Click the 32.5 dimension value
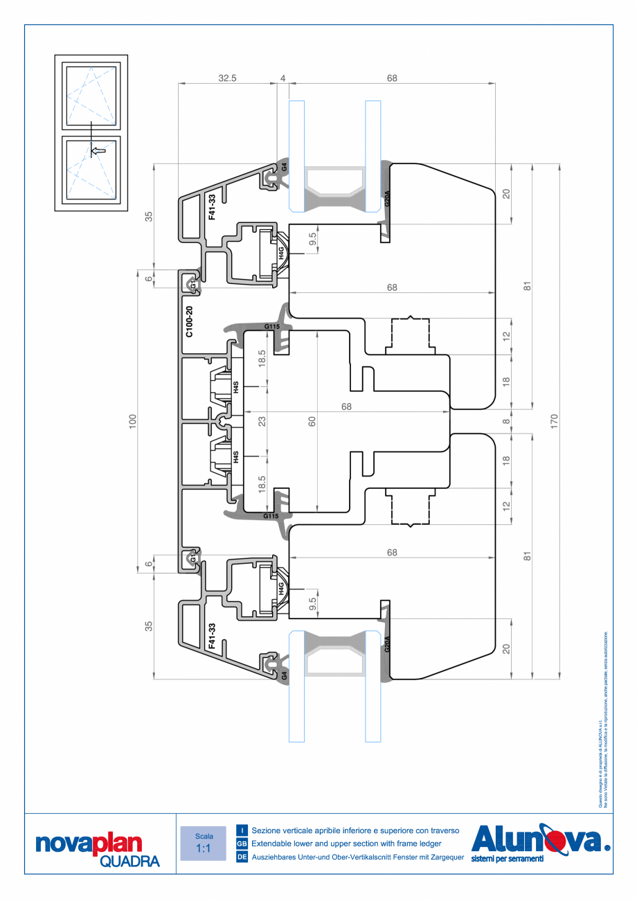pyautogui.click(x=227, y=78)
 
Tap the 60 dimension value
pyautogui.click(x=312, y=421)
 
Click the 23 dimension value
pyautogui.click(x=262, y=420)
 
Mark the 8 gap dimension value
pyautogui.click(x=506, y=421)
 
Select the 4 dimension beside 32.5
pyautogui.click(x=282, y=78)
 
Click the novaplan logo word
pyautogui.click(x=88, y=844)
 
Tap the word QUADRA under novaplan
pyautogui.click(x=130, y=861)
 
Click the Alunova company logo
pyautogui.click(x=540, y=839)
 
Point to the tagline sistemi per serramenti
pyautogui.click(x=507, y=859)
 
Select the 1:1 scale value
pyautogui.click(x=204, y=848)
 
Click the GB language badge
pyautogui.click(x=242, y=844)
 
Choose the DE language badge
pyautogui.click(x=242, y=857)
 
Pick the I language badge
pyautogui.click(x=242, y=830)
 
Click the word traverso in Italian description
pyautogui.click(x=440, y=830)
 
